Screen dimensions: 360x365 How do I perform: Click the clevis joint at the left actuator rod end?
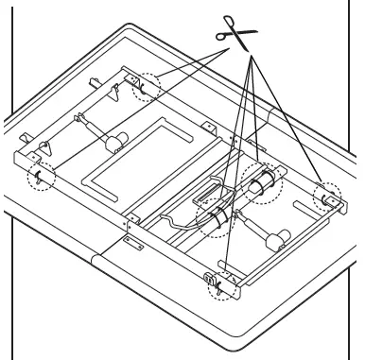coord(80,121)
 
